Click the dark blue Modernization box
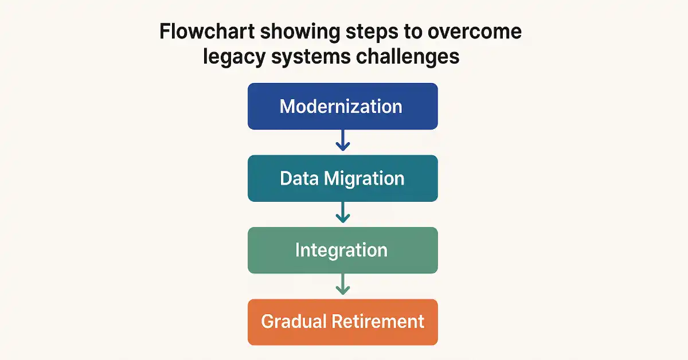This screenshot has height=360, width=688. pyautogui.click(x=343, y=106)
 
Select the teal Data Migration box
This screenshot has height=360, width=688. pyautogui.click(x=343, y=178)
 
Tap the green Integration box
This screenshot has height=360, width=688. pyautogui.click(x=343, y=250)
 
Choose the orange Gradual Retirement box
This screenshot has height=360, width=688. pyautogui.click(x=343, y=322)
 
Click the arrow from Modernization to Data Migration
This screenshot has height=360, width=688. pyautogui.click(x=343, y=140)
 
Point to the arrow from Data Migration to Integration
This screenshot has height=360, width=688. pyautogui.click(x=343, y=212)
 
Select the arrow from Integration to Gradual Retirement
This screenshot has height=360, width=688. pyautogui.click(x=343, y=284)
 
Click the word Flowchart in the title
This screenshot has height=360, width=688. pyautogui.click(x=208, y=32)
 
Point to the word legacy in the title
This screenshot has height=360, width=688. pyautogui.click(x=234, y=57)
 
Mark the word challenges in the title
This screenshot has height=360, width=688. pyautogui.click(x=408, y=57)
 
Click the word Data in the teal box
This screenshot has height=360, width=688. pyautogui.click(x=299, y=178)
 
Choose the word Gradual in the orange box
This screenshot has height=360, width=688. pyautogui.click(x=294, y=322)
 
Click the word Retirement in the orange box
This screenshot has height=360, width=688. pyautogui.click(x=378, y=322)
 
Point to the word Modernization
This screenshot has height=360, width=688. pyautogui.click(x=341, y=106)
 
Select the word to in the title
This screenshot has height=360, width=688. pyautogui.click(x=413, y=32)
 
